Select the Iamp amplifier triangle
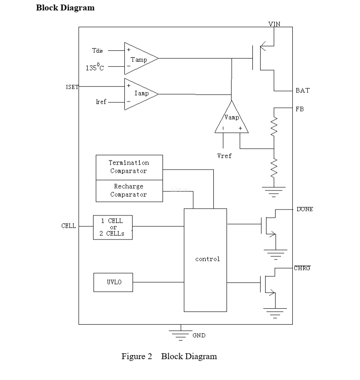coord(139,94)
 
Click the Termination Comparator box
coord(129,167)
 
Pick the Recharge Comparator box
coord(129,190)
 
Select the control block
coord(205,259)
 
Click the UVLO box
coord(113,282)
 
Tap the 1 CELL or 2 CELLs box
coord(113,227)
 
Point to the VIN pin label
coord(274,24)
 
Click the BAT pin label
coord(302,90)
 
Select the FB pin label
coord(300,109)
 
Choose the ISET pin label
coord(72,87)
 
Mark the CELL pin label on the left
coord(69,225)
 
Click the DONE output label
coord(304,209)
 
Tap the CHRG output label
coord(302,268)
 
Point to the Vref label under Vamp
coord(224,156)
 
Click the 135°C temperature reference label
coord(94,68)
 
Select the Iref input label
coord(101,102)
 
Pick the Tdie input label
coord(97,51)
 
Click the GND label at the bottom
coord(199,336)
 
